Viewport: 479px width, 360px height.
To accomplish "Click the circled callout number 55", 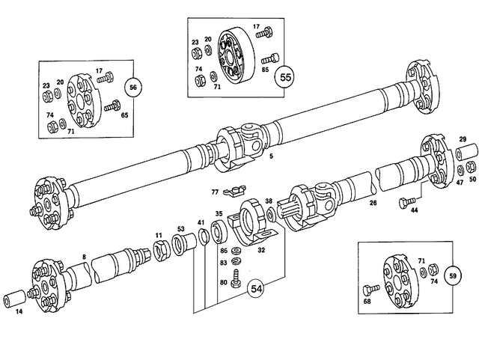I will coord(285,77).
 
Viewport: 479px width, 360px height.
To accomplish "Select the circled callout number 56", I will coord(132,88).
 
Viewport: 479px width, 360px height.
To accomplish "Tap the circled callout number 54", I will coord(257,288).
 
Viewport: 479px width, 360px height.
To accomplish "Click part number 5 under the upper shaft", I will coord(271,157).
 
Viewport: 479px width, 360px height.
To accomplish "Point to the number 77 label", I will coord(214,192).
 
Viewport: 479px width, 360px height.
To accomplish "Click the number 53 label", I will coord(180,228).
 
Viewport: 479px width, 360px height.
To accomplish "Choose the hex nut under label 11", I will coord(159,249).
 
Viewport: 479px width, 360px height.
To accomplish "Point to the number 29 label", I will coord(463,140).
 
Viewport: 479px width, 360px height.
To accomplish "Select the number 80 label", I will coord(223,282).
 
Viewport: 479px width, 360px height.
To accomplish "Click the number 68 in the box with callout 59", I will coord(367,302).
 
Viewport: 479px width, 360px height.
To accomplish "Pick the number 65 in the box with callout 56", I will coord(124,115).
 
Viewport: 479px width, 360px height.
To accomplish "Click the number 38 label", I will coord(269,201).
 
